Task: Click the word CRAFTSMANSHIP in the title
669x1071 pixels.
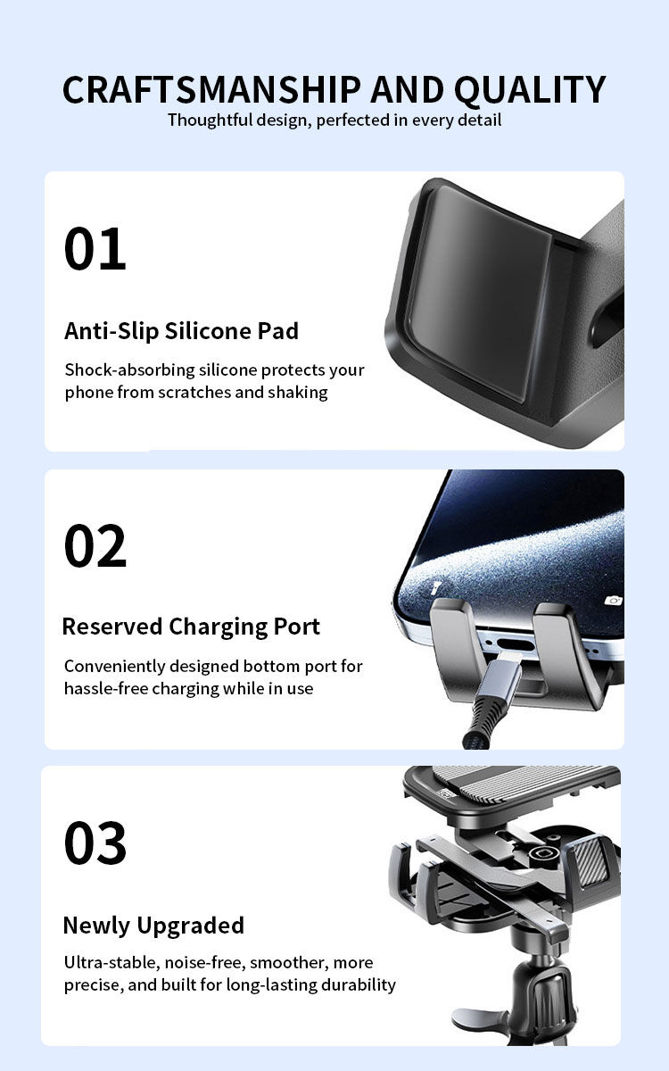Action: (x=211, y=89)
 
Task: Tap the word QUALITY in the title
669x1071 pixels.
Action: (x=530, y=90)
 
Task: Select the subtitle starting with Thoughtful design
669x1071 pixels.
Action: (x=334, y=120)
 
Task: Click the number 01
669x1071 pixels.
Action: (x=95, y=249)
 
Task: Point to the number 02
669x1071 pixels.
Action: (x=95, y=545)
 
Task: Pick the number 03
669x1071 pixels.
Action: (x=95, y=843)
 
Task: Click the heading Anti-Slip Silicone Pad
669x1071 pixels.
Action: (x=182, y=331)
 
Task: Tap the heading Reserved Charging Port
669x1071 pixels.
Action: (x=191, y=627)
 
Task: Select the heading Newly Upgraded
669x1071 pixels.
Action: (x=153, y=926)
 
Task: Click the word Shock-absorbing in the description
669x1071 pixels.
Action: (x=130, y=370)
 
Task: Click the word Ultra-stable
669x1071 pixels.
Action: (x=111, y=962)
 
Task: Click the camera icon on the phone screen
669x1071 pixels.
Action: (x=613, y=601)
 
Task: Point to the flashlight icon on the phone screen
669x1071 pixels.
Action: (x=435, y=587)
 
